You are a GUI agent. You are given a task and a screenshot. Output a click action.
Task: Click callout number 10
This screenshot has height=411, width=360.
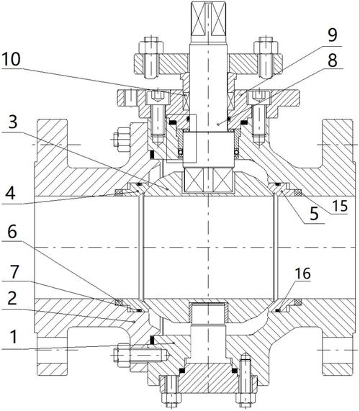click(x=11, y=59)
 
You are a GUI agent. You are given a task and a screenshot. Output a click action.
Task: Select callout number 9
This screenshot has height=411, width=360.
click(x=333, y=35)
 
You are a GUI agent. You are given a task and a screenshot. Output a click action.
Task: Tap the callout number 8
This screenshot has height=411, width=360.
click(x=333, y=60)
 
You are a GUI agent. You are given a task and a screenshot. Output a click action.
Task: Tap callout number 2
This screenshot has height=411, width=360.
click(x=12, y=299)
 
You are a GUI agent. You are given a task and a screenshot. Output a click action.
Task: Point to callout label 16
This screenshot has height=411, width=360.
click(x=303, y=274)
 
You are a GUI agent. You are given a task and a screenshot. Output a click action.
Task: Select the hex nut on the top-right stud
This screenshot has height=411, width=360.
click(x=266, y=48)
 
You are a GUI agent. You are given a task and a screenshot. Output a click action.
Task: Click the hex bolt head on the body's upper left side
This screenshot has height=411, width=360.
click(x=122, y=140)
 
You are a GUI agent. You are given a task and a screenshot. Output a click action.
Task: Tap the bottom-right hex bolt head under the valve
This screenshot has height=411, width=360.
click(x=246, y=399)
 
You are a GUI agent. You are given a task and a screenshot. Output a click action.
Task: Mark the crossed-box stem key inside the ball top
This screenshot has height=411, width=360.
click(x=209, y=180)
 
